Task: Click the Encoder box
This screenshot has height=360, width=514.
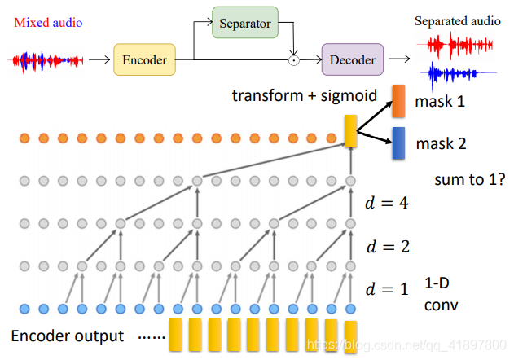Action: pyautogui.click(x=144, y=59)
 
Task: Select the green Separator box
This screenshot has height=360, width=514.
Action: pyautogui.click(x=244, y=24)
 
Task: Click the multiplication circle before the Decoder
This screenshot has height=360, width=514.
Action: pyautogui.click(x=295, y=59)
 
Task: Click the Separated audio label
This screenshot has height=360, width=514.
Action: pyautogui.click(x=457, y=21)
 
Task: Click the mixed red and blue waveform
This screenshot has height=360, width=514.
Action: pyautogui.click(x=46, y=59)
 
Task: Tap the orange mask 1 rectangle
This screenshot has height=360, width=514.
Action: pyautogui.click(x=399, y=100)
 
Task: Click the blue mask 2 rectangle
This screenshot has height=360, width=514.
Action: pyautogui.click(x=398, y=143)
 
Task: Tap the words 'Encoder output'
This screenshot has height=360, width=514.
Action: pyautogui.click(x=68, y=336)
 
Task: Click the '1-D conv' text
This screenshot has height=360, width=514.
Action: pyautogui.click(x=442, y=294)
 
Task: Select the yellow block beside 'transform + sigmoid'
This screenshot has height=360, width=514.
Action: pyautogui.click(x=351, y=131)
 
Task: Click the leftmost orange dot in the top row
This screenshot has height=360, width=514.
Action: pyautogui.click(x=24, y=138)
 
